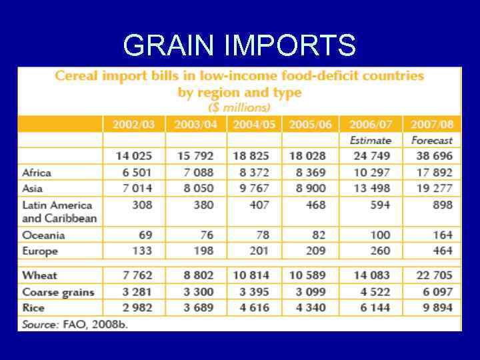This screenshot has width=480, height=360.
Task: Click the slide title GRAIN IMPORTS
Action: click(x=239, y=46)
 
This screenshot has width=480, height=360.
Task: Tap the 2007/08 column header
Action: click(x=431, y=125)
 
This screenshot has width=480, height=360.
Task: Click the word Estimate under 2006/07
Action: click(x=370, y=141)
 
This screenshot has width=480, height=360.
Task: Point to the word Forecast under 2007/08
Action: click(x=432, y=141)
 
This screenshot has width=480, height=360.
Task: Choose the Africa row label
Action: click(x=37, y=173)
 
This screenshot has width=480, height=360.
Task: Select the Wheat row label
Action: click(x=39, y=275)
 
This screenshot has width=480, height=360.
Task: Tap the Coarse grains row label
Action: click(x=58, y=292)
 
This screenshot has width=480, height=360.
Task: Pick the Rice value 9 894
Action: click(x=431, y=307)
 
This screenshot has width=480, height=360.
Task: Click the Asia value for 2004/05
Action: click(x=250, y=189)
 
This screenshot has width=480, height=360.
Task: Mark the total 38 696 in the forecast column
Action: click(x=431, y=157)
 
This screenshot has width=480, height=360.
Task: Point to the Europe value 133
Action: click(x=141, y=251)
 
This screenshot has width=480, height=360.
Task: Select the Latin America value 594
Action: click(x=379, y=205)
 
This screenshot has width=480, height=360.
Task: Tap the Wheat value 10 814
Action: click(x=250, y=275)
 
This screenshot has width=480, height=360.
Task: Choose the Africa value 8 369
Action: click(x=307, y=173)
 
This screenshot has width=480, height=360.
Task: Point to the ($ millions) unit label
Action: click(x=239, y=107)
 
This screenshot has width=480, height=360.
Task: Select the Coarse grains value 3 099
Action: click(x=307, y=292)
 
